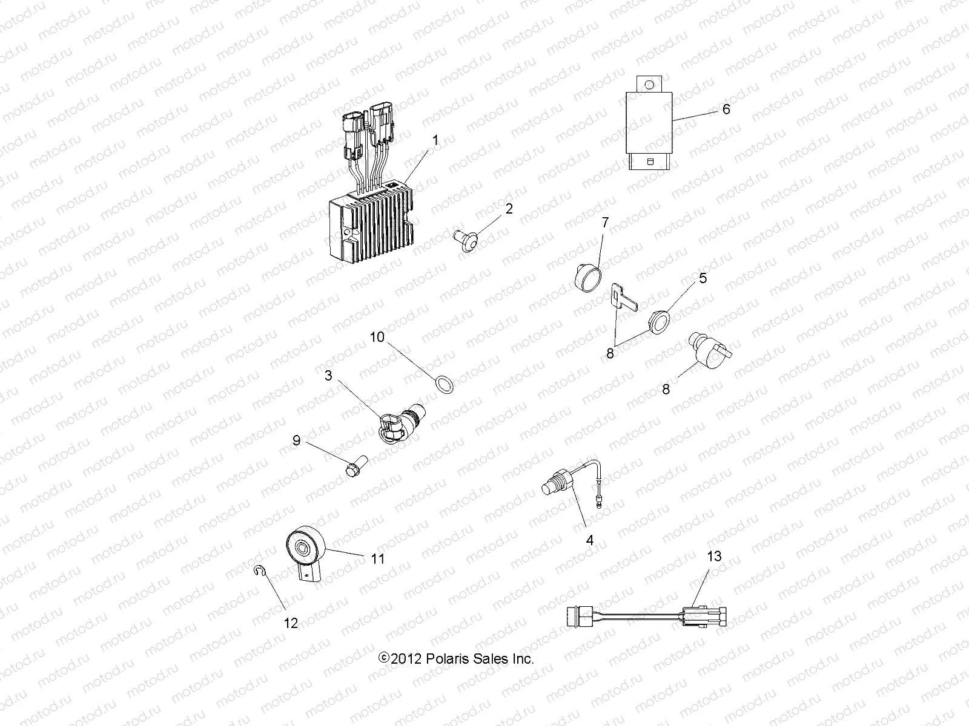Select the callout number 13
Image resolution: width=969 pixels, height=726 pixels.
pyautogui.click(x=715, y=556)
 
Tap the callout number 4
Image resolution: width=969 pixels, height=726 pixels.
pyautogui.click(x=590, y=540)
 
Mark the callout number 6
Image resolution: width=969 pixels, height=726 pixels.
pyautogui.click(x=726, y=110)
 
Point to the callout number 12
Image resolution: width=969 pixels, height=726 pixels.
pyautogui.click(x=291, y=623)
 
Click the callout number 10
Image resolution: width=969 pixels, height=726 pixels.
pyautogui.click(x=377, y=337)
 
